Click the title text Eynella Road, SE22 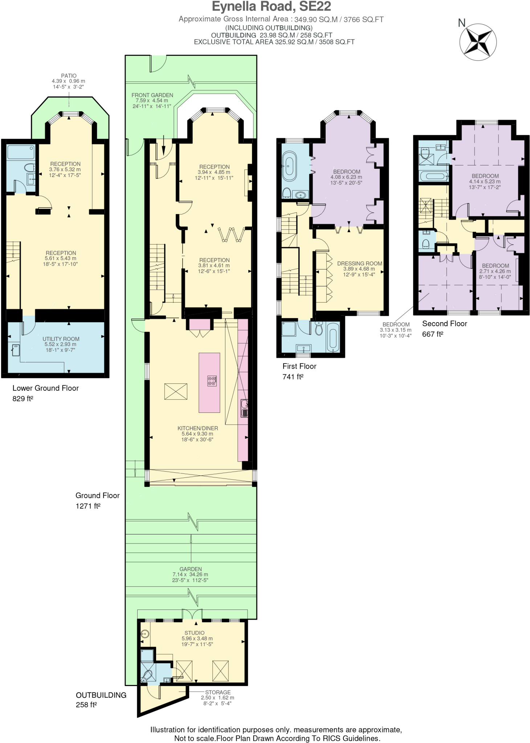[x=271, y=7]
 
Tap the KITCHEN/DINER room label [x=197, y=428]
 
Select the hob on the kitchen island [x=212, y=381]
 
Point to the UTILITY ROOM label [x=61, y=339]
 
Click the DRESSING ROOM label [x=359, y=263]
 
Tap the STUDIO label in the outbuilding [x=194, y=633]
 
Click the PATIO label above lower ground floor [x=69, y=76]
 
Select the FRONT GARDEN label [x=152, y=95]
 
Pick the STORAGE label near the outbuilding [x=217, y=692]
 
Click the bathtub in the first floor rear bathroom [x=333, y=337]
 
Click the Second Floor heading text [x=444, y=324]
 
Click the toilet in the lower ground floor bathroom [x=30, y=168]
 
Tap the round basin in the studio [x=145, y=634]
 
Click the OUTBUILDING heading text [x=101, y=695]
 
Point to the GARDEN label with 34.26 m [x=190, y=569]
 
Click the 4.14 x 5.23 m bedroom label [x=485, y=176]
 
